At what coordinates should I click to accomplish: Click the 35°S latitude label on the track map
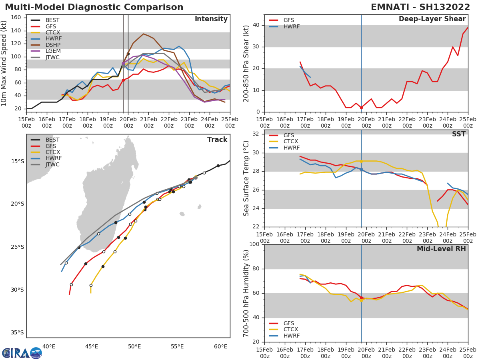click(x=17, y=332)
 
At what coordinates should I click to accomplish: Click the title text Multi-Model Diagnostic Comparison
click(x=94, y=7)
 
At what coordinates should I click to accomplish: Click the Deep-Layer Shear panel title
click(x=432, y=19)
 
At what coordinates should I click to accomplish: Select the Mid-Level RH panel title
click(x=441, y=249)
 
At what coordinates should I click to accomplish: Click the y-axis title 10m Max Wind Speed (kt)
click(x=4, y=63)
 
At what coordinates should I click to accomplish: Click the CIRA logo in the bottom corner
click(x=22, y=353)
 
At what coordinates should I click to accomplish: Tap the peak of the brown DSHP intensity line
click(x=143, y=34)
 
